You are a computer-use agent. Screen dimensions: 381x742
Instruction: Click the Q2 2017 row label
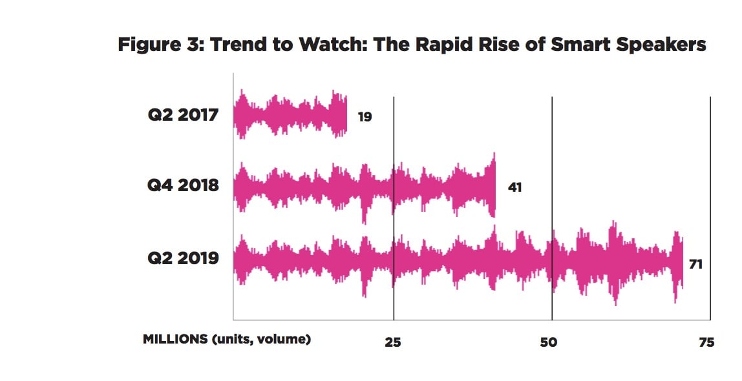pyautogui.click(x=182, y=116)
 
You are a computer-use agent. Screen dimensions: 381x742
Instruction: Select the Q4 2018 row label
pyautogui.click(x=182, y=186)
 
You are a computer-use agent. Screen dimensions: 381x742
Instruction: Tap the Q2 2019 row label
pyautogui.click(x=182, y=260)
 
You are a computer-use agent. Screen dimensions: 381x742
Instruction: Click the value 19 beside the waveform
pyautogui.click(x=365, y=118)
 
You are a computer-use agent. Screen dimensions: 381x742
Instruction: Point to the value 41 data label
pyautogui.click(x=514, y=188)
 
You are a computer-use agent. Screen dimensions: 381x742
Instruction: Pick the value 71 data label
pyautogui.click(x=695, y=264)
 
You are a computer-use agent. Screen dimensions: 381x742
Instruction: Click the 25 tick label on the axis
pyautogui.click(x=393, y=342)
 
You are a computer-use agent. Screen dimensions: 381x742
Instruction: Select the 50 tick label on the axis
pyautogui.click(x=548, y=342)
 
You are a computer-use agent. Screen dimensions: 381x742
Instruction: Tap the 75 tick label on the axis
pyautogui.click(x=706, y=342)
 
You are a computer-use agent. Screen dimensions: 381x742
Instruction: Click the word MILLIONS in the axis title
pyautogui.click(x=175, y=339)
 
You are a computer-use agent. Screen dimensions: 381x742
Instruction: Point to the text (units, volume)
pyautogui.click(x=261, y=339)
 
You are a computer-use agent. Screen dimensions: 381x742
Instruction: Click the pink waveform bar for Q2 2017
pyautogui.click(x=290, y=116)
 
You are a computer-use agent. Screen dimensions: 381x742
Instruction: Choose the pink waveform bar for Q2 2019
pyautogui.click(x=458, y=261)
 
